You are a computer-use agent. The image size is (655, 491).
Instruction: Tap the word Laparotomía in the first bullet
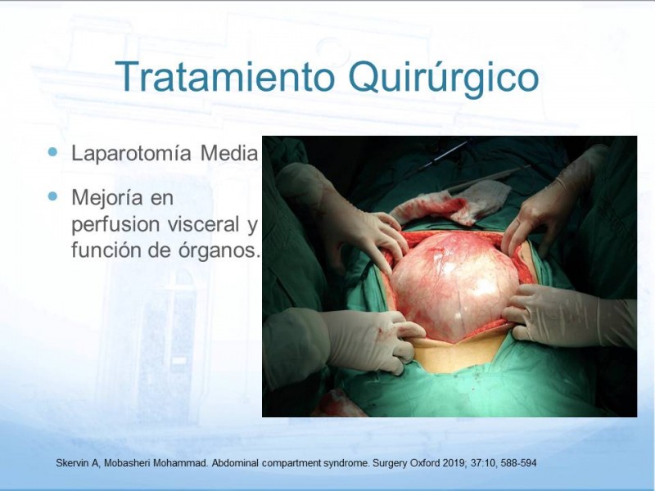(x=131, y=153)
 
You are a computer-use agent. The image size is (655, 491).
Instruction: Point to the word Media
(x=229, y=153)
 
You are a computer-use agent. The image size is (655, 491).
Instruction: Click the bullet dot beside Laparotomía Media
(x=52, y=151)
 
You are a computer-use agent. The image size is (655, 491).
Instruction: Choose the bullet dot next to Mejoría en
(x=52, y=196)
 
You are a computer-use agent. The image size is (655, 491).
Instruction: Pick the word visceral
(x=204, y=224)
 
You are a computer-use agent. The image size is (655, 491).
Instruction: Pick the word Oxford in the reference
(x=424, y=463)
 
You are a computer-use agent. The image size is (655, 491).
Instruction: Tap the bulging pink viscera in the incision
(x=455, y=285)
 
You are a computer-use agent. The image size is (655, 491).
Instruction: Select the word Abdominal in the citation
(x=235, y=463)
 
